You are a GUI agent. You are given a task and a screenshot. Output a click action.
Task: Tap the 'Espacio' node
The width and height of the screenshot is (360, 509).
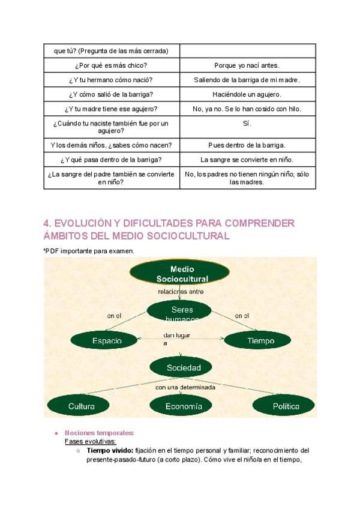[x=107, y=340]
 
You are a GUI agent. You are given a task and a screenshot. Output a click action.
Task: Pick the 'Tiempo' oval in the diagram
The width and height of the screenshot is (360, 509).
[x=260, y=340]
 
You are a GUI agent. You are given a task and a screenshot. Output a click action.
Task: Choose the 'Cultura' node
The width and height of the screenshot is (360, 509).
[x=82, y=406]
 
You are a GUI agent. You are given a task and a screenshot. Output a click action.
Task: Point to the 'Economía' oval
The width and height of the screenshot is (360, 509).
[x=184, y=406]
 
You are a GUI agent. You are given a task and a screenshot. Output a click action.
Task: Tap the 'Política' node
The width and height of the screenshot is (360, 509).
[x=286, y=406]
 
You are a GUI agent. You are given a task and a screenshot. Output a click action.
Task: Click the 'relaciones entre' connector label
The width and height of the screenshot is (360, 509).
[x=181, y=292]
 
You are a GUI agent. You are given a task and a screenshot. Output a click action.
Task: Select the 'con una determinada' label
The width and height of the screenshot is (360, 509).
[x=185, y=387]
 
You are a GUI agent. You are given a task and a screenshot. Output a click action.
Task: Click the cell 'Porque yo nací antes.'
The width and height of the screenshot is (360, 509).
[x=247, y=65]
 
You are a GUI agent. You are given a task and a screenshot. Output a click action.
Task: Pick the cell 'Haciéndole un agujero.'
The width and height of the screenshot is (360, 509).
[x=247, y=94]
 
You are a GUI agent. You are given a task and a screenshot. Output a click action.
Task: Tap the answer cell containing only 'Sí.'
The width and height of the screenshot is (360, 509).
[x=247, y=123]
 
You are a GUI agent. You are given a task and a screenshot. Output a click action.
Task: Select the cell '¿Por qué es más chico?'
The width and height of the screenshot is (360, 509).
[x=112, y=65]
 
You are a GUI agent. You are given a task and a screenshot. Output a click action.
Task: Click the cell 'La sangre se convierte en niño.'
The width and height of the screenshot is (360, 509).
[x=247, y=160]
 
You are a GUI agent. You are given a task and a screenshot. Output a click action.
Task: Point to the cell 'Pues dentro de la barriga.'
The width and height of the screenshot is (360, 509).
[x=247, y=145]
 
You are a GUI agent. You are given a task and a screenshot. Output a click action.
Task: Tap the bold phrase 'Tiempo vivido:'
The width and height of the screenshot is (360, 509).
[x=110, y=450]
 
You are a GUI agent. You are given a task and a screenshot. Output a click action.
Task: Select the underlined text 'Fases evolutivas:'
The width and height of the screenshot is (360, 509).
[x=90, y=441]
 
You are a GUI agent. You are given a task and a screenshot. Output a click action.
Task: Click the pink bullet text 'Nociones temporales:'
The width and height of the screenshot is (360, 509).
[x=100, y=433]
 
